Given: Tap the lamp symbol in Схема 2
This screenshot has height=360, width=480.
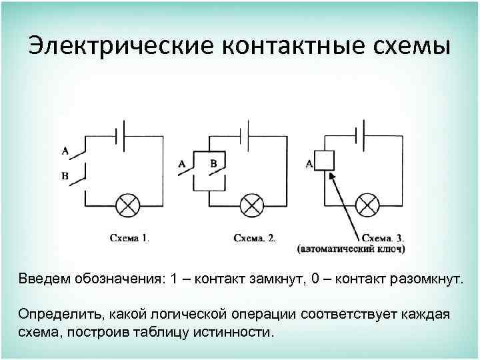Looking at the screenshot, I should click(251, 205).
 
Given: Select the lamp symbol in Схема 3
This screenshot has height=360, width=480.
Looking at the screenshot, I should click(366, 205).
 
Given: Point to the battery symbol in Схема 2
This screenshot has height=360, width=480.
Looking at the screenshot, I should click(247, 135).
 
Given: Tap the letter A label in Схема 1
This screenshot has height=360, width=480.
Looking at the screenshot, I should click(65, 151).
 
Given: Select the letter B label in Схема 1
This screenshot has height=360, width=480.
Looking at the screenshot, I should click(65, 175).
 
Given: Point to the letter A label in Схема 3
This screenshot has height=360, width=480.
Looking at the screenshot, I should click(309, 163).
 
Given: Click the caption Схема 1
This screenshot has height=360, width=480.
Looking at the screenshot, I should click(130, 237).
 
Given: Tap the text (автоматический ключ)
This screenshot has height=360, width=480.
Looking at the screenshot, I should click(351, 249).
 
